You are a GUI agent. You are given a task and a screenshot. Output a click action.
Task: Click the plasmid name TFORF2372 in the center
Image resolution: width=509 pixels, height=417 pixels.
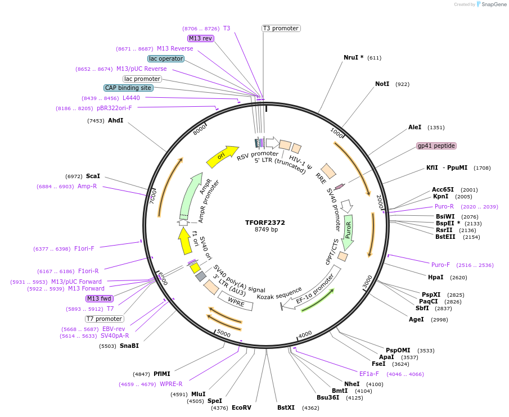265,222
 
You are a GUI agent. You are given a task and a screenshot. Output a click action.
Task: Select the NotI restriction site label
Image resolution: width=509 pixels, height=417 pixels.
382,84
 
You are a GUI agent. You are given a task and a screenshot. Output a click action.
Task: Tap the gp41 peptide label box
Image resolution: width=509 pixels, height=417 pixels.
436,146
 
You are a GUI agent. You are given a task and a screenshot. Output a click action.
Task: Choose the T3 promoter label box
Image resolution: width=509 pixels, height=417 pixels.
281,28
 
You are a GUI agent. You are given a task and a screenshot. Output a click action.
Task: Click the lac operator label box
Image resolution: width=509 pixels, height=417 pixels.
166,58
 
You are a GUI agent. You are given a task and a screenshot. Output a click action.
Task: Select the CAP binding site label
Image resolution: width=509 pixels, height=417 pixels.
128,88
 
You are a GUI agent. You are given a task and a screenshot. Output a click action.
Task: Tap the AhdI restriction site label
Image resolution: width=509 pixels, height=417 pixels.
115,120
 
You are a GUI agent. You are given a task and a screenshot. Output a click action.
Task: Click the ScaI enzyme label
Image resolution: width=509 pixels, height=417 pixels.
93,176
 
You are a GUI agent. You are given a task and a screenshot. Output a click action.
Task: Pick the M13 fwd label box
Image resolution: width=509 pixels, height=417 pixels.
99,298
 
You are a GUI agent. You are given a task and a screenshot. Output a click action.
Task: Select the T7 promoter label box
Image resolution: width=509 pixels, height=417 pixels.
104,319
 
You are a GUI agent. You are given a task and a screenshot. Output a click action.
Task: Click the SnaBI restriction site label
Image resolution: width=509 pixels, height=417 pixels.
129,346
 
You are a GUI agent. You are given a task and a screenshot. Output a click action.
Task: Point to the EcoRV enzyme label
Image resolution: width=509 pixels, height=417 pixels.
241,407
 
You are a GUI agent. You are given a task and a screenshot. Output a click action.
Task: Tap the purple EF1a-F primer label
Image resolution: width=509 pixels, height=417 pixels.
369,374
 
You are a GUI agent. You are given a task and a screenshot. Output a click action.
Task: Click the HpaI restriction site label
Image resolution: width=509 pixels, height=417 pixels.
435,277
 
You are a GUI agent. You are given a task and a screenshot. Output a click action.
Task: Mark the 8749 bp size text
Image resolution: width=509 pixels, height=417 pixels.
266,230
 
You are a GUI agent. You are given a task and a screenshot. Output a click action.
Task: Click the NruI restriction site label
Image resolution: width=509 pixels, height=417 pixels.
353,57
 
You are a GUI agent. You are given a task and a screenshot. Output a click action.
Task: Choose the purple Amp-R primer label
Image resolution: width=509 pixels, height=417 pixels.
87,186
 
